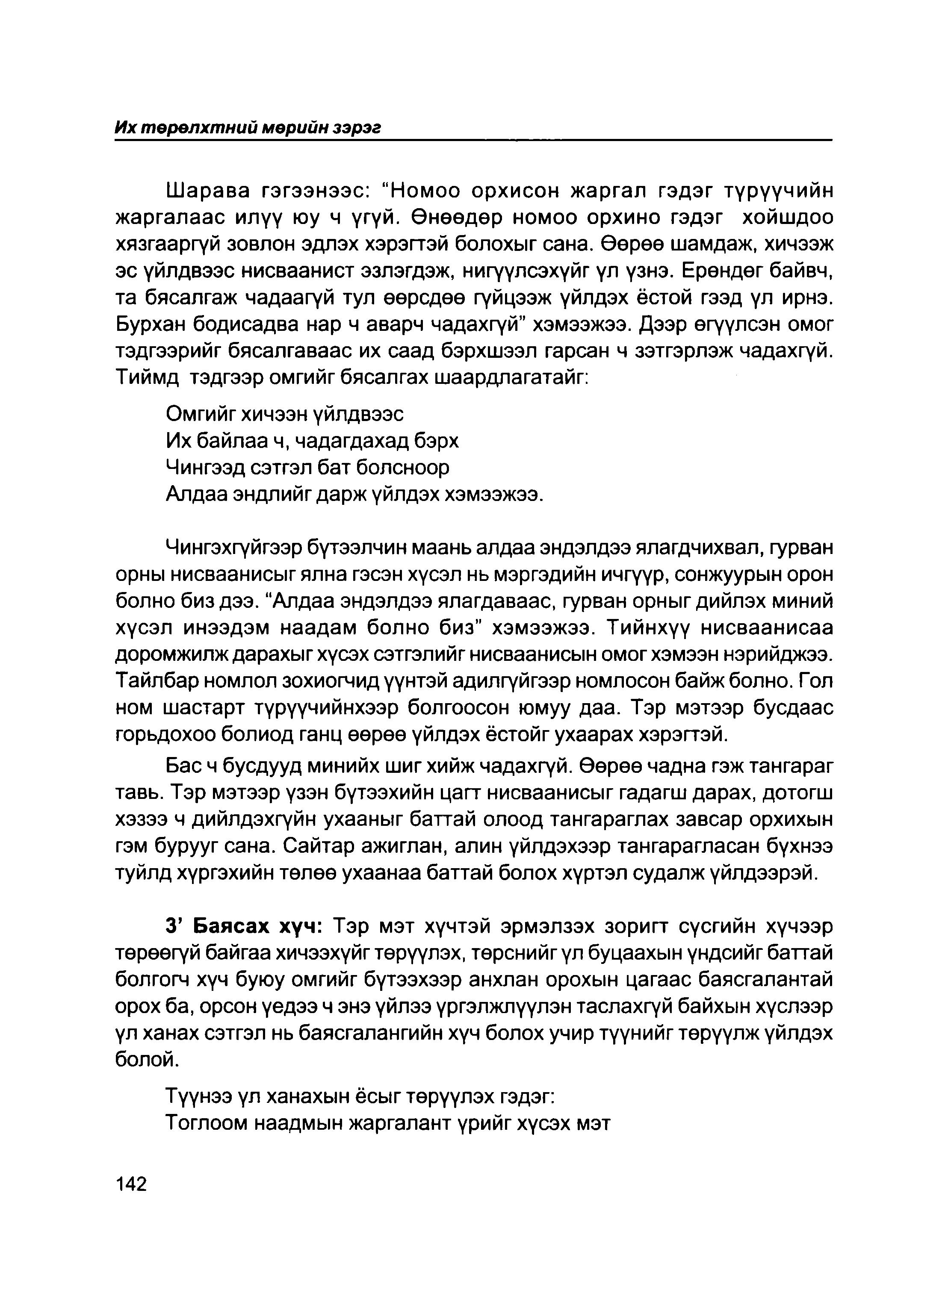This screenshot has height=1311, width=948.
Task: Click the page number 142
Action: click(x=131, y=1184)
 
